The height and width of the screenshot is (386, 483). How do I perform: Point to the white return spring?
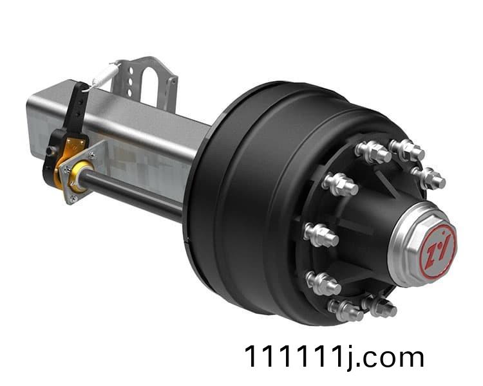(x=105, y=76)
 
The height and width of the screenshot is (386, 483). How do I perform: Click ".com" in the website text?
(x=391, y=357)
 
